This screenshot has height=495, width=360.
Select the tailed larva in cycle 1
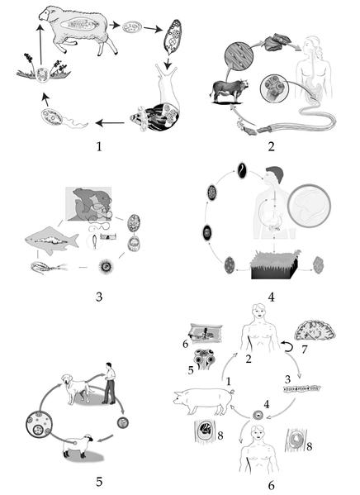tap(63, 118)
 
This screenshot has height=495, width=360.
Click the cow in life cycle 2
tap(230, 91)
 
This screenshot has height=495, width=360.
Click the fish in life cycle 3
tap(52, 240)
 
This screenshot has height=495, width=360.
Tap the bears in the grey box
tap(90, 203)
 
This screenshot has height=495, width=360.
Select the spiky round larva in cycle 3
tap(105, 267)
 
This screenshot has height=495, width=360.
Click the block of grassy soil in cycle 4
tap(275, 264)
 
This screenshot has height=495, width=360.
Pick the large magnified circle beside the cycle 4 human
tap(309, 206)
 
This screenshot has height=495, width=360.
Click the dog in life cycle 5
tap(77, 388)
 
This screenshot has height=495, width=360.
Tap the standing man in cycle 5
tap(109, 383)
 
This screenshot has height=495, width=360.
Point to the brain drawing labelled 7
tap(315, 330)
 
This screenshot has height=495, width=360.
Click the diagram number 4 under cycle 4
tap(271, 297)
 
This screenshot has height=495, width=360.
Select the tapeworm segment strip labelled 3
tap(301, 388)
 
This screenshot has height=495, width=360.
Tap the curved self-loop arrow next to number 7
tap(287, 346)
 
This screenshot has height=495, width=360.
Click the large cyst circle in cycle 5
tap(39, 424)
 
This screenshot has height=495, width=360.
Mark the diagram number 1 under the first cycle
tap(99, 146)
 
